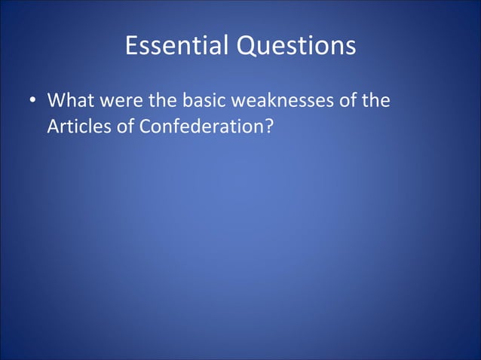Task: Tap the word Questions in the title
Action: pos(296,47)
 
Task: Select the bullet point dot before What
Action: pos(32,101)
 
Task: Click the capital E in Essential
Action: pos(130,47)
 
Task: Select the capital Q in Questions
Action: pos(247,47)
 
